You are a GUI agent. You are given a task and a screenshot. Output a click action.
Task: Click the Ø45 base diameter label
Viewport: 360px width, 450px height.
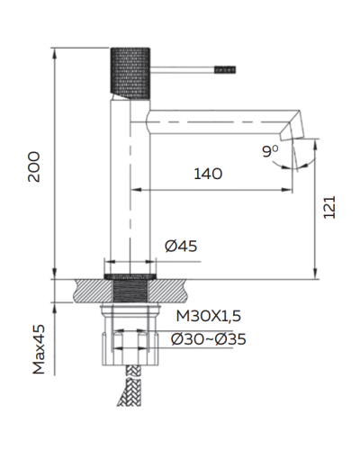[181, 246]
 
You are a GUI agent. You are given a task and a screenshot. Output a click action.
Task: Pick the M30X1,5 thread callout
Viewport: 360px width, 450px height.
[208, 316]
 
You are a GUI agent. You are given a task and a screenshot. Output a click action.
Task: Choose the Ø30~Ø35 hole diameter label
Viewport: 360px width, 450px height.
[209, 338]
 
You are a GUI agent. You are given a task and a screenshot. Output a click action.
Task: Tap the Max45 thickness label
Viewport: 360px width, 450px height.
[39, 350]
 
